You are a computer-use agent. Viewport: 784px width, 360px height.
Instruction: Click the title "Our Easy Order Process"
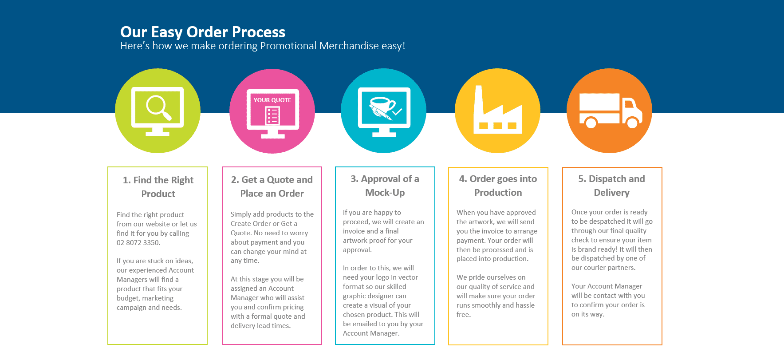point(203,32)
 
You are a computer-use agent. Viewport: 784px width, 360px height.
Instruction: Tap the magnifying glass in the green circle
point(158,107)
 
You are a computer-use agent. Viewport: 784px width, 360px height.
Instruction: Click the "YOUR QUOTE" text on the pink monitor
point(272,100)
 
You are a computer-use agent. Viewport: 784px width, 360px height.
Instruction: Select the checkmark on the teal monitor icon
point(397,111)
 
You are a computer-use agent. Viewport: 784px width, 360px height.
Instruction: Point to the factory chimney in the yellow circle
point(478,100)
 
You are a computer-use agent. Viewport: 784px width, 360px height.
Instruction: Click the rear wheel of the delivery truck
point(591,122)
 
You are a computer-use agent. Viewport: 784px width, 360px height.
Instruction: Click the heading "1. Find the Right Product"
point(158,187)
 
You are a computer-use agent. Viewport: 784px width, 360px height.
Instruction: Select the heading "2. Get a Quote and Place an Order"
point(272,186)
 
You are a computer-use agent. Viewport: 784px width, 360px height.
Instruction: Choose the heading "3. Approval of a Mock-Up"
point(385,186)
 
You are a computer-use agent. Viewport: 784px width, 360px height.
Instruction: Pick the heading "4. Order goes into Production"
point(498,186)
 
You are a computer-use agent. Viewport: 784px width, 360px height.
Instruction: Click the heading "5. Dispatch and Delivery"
point(611,186)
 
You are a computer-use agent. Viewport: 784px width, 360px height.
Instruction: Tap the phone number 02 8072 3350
point(138,243)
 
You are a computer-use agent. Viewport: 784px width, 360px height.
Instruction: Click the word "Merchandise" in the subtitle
point(349,46)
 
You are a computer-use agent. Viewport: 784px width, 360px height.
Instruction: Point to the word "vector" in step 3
point(408,277)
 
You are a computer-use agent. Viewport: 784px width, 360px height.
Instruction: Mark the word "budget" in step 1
point(128,298)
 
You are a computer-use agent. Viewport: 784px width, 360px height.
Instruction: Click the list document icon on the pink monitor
point(272,116)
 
